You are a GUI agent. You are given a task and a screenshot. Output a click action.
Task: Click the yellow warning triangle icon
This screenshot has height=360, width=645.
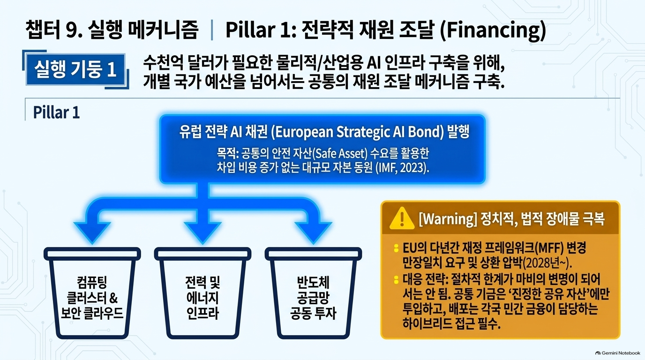402,219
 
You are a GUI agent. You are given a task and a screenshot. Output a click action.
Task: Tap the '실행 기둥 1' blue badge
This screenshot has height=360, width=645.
76,69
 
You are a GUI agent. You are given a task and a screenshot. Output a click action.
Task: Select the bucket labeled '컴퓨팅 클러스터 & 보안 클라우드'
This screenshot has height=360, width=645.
92,293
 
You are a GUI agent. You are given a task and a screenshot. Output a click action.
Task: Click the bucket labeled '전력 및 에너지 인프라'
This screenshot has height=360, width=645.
202,293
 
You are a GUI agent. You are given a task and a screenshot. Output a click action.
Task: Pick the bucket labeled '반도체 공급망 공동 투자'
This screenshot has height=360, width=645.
313,293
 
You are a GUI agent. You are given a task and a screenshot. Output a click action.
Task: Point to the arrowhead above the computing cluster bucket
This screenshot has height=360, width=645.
92,232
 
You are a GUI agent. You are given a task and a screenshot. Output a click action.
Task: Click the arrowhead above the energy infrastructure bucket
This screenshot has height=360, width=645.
202,232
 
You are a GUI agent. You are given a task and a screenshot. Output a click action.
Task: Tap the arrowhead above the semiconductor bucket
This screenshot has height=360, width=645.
313,232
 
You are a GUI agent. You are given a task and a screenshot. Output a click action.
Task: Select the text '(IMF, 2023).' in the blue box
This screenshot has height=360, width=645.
403,168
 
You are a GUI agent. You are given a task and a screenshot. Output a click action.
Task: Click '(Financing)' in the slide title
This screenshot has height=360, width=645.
493,30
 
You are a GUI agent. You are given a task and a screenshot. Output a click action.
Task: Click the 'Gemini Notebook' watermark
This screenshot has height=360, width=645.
618,353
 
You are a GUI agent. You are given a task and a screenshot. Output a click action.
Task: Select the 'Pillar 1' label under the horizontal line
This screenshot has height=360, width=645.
56,112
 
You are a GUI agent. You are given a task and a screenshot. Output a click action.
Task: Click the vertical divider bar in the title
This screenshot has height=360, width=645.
212,30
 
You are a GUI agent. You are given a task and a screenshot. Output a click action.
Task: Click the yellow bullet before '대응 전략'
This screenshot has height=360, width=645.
397,279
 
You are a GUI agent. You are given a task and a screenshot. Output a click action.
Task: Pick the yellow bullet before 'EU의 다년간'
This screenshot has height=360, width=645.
397,248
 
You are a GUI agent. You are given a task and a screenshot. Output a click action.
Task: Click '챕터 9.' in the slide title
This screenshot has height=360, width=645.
54,30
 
